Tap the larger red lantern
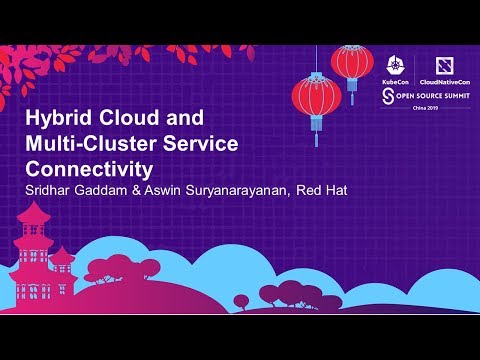pyautogui.click(x=317, y=96)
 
